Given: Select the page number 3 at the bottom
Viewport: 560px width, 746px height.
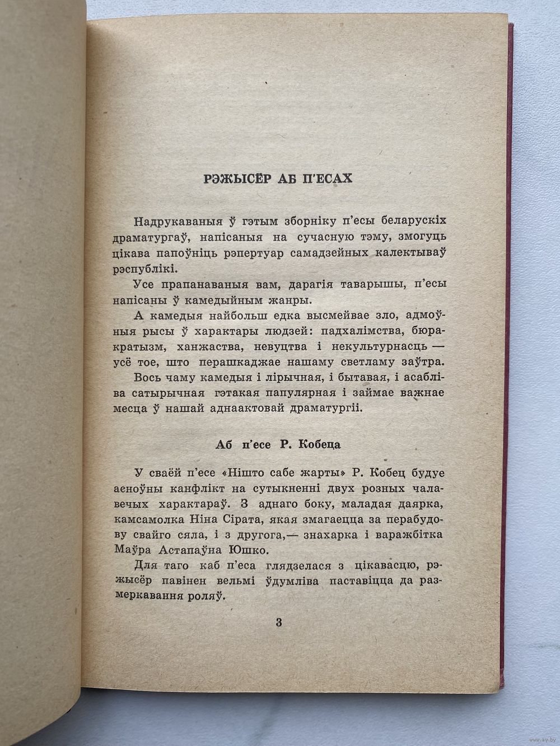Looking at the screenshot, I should point(279,623).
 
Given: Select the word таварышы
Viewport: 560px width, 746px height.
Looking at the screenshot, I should point(363,285).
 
